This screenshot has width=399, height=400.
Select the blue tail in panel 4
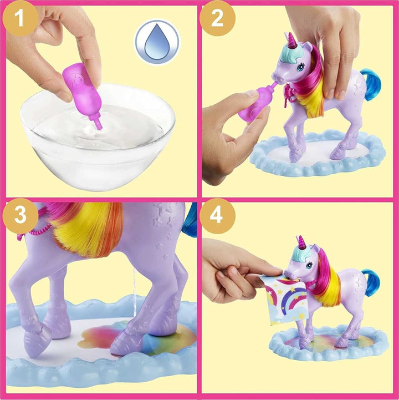tap(371, 281)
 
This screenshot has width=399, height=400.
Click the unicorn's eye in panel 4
tap(309, 265)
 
